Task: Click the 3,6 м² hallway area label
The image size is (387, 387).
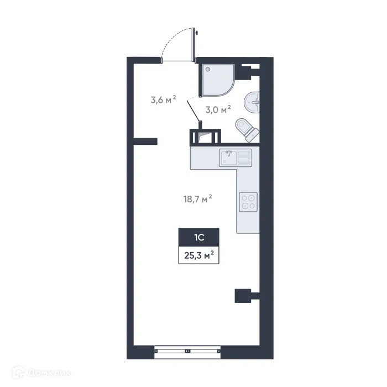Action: pos(163,100)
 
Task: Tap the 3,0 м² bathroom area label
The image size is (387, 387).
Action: pos(218,110)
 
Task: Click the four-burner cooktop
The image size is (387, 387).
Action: pos(248,201)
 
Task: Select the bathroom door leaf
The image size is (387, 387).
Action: pos(194,113)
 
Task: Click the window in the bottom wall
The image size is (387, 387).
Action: pos(187,350)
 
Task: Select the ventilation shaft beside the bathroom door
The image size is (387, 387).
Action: pos(205,137)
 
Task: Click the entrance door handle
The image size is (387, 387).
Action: pos(197,33)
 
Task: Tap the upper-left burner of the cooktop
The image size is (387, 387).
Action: pos(244,197)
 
